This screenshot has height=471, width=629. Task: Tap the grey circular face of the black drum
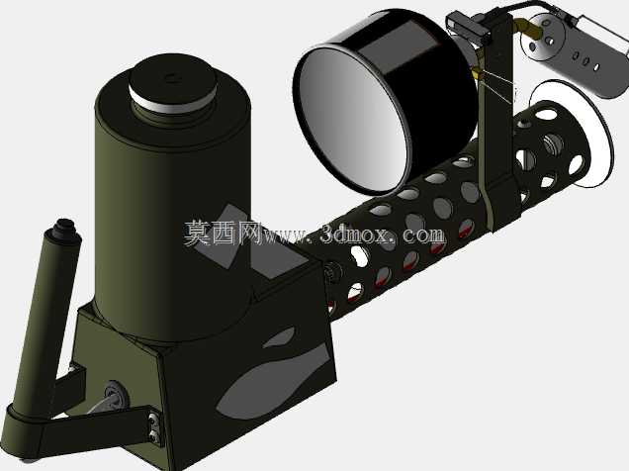pos(351,119)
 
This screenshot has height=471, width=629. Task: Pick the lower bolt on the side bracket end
pos(154,436)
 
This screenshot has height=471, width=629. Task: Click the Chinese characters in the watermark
pos(222,233)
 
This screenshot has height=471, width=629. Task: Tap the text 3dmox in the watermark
pos(355,234)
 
